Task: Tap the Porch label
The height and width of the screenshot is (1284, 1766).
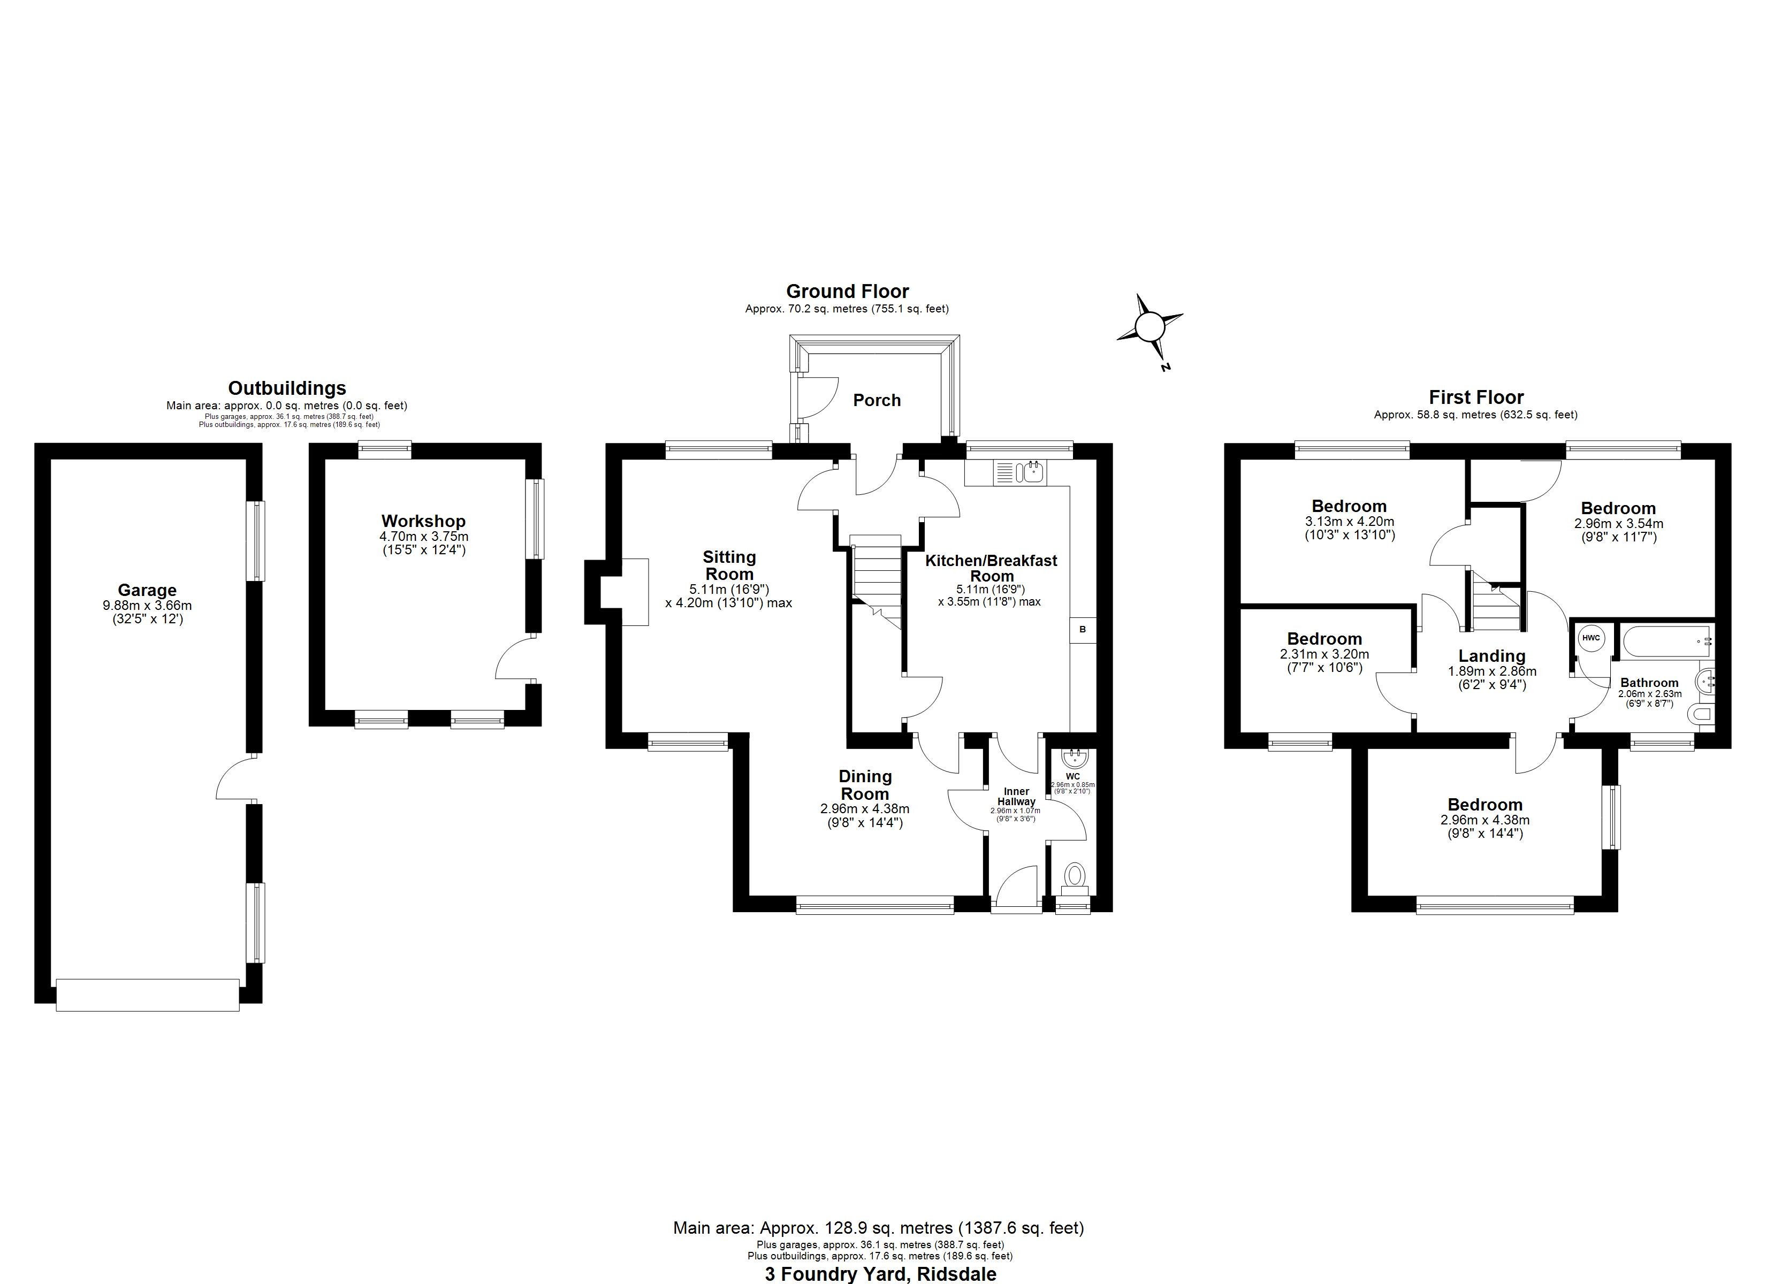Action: [877, 400]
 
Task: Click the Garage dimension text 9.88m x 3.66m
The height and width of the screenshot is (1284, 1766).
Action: [147, 605]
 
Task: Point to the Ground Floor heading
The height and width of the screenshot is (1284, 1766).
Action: [847, 291]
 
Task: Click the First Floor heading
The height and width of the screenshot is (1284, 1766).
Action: [1475, 397]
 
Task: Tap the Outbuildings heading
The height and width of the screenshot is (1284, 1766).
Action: [286, 388]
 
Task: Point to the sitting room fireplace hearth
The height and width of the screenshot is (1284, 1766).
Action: [635, 591]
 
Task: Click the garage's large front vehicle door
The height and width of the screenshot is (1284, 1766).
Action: [147, 995]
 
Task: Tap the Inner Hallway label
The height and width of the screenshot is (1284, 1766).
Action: [1016, 797]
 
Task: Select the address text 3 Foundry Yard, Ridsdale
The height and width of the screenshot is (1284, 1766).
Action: [880, 1274]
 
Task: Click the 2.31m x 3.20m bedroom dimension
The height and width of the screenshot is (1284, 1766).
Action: [1324, 654]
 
